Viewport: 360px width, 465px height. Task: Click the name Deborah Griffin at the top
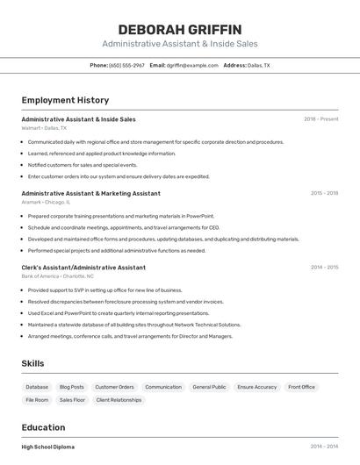pyautogui.click(x=179, y=29)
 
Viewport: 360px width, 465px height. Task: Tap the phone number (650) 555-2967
pyautogui.click(x=126, y=65)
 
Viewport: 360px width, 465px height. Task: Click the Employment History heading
pyautogui.click(x=65, y=100)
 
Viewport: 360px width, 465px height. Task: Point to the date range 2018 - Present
pyautogui.click(x=320, y=119)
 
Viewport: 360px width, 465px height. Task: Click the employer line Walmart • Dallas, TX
pyautogui.click(x=44, y=128)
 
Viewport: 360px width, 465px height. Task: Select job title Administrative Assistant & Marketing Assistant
pyautogui.click(x=90, y=193)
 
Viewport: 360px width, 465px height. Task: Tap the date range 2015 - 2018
pyautogui.click(x=324, y=193)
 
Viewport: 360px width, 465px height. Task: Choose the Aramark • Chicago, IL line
pyautogui.click(x=46, y=203)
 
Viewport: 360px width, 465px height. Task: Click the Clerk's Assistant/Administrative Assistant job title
pyautogui.click(x=83, y=268)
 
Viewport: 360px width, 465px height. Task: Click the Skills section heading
pyautogui.click(x=32, y=363)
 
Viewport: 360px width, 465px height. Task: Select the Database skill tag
pyautogui.click(x=37, y=387)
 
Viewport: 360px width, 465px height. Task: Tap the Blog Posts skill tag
pyautogui.click(x=71, y=387)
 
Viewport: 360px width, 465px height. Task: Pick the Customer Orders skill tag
pyautogui.click(x=114, y=387)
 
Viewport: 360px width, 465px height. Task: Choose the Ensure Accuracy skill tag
pyautogui.click(x=256, y=387)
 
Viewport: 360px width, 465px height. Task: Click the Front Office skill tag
pyautogui.click(x=301, y=387)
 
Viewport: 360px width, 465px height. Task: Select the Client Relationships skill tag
pyautogui.click(x=119, y=400)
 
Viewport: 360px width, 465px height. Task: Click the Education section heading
pyautogui.click(x=44, y=427)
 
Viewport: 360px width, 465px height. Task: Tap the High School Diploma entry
pyautogui.click(x=48, y=447)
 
